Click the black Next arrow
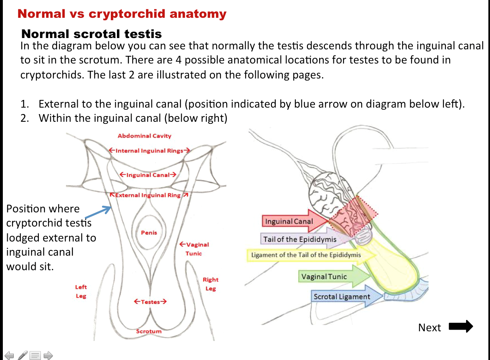pyautogui.click(x=461, y=326)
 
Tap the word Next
pyautogui.click(x=429, y=327)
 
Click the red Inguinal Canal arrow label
pyautogui.click(x=289, y=222)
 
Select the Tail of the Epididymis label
pyautogui.click(x=300, y=239)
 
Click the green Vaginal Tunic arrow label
pyautogui.click(x=324, y=277)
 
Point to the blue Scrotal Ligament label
pyautogui.click(x=342, y=296)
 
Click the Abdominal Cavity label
pyautogui.click(x=144, y=136)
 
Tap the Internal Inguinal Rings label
pyautogui.click(x=149, y=151)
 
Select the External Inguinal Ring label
pyautogui.click(x=148, y=195)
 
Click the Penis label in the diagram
pyautogui.click(x=149, y=233)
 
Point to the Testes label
pyautogui.click(x=150, y=302)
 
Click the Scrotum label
pyautogui.click(x=149, y=331)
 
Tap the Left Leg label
pyautogui.click(x=81, y=291)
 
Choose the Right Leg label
pyautogui.click(x=210, y=284)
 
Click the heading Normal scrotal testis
pyautogui.click(x=91, y=34)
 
